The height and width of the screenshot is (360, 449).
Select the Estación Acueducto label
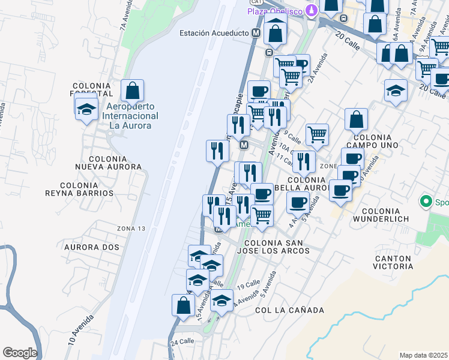pyautogui.click(x=214, y=33)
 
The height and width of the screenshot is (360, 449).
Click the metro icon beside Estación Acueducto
pyautogui.click(x=256, y=33)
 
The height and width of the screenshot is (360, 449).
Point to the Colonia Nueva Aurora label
pyautogui.click(x=107, y=162)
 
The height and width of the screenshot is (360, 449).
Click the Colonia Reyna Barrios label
pyautogui.click(x=79, y=189)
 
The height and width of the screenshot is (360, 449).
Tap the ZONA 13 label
pyautogui.click(x=131, y=228)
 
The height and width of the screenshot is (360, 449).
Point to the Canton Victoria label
pyautogui.click(x=393, y=262)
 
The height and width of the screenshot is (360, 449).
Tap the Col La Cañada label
pyautogui.click(x=289, y=310)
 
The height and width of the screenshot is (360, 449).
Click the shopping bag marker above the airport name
pyautogui.click(x=133, y=91)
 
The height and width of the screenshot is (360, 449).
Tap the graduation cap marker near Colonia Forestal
pyautogui.click(x=86, y=109)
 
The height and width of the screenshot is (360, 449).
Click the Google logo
pyautogui.click(x=20, y=353)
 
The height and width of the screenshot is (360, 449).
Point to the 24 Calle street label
pyautogui.click(x=182, y=341)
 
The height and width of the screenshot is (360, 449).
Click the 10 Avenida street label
pyautogui.click(x=80, y=329)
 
